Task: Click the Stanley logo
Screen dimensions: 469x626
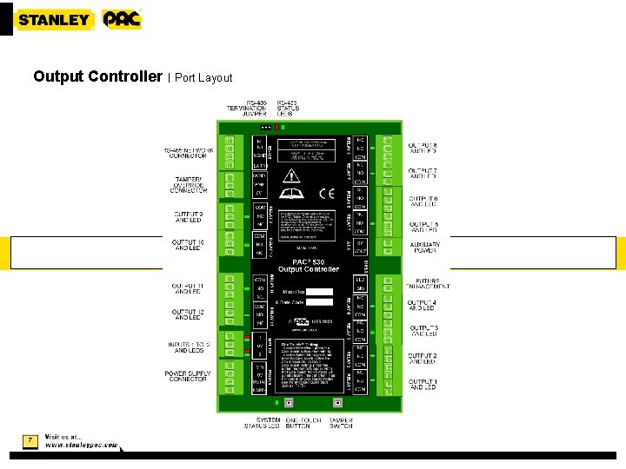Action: click(x=54, y=19)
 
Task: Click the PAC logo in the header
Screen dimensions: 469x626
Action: click(x=122, y=19)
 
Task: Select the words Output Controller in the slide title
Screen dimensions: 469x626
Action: click(x=97, y=76)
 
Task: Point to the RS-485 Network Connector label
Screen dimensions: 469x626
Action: click(x=185, y=153)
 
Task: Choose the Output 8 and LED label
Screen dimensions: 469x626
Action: click(x=423, y=148)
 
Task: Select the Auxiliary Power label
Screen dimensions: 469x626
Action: click(x=424, y=248)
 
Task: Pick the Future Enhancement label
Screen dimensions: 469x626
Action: click(x=427, y=284)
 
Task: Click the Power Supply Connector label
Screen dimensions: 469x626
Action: click(x=187, y=376)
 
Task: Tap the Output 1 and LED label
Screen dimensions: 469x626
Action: click(x=423, y=384)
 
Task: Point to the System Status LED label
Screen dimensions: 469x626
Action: click(x=262, y=423)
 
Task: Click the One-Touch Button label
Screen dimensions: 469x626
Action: click(x=297, y=423)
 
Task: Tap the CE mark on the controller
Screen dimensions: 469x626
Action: click(x=326, y=193)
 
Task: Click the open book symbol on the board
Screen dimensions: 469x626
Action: click(x=290, y=194)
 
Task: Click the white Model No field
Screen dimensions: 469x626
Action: click(x=319, y=291)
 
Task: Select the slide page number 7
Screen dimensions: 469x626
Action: click(x=30, y=440)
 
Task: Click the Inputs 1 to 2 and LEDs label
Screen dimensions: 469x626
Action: click(x=189, y=347)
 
